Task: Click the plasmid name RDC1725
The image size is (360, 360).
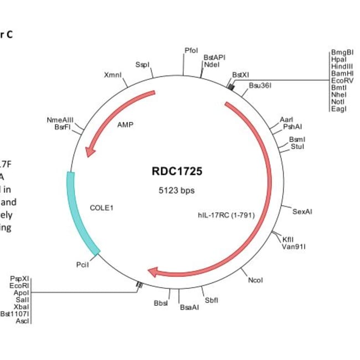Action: click(177, 172)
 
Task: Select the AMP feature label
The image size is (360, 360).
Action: click(125, 125)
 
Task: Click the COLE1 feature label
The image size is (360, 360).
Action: click(101, 208)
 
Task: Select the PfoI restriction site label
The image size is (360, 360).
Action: click(191, 50)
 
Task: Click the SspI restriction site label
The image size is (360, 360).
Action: click(142, 65)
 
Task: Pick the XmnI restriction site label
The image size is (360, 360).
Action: click(112, 75)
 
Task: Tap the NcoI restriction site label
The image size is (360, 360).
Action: click(255, 280)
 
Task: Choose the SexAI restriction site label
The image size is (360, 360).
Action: click(302, 212)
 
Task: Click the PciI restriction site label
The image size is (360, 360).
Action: click(83, 265)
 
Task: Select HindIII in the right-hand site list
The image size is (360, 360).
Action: click(342, 66)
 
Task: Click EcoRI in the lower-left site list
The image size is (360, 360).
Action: click(19, 285)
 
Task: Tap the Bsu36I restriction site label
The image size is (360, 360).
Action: click(260, 86)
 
